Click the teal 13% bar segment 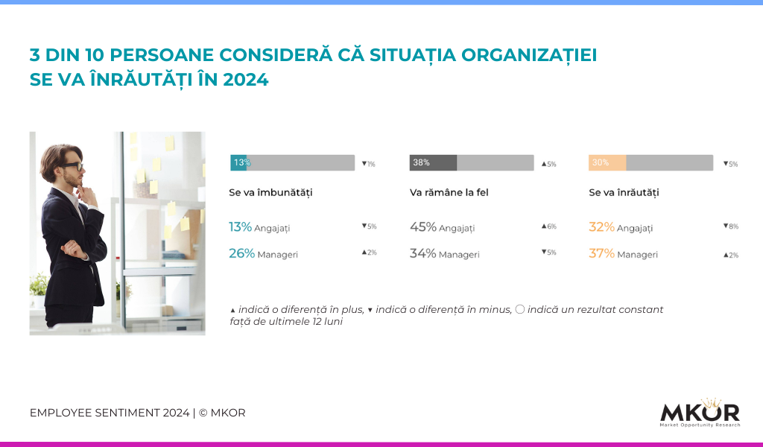238,162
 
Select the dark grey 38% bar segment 433,162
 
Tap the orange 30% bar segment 607,162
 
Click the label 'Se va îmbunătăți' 270,193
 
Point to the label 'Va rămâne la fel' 449,193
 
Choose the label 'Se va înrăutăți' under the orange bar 624,193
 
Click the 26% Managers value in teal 242,253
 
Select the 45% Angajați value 423,227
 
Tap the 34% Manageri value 423,253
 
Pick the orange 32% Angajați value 601,227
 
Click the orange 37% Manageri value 601,253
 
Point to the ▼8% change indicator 731,226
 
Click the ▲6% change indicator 549,226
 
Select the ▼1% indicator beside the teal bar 368,164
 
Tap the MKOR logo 700,413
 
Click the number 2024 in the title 245,80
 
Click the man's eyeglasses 72,166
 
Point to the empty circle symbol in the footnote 519,309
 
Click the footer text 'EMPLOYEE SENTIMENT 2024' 110,413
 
